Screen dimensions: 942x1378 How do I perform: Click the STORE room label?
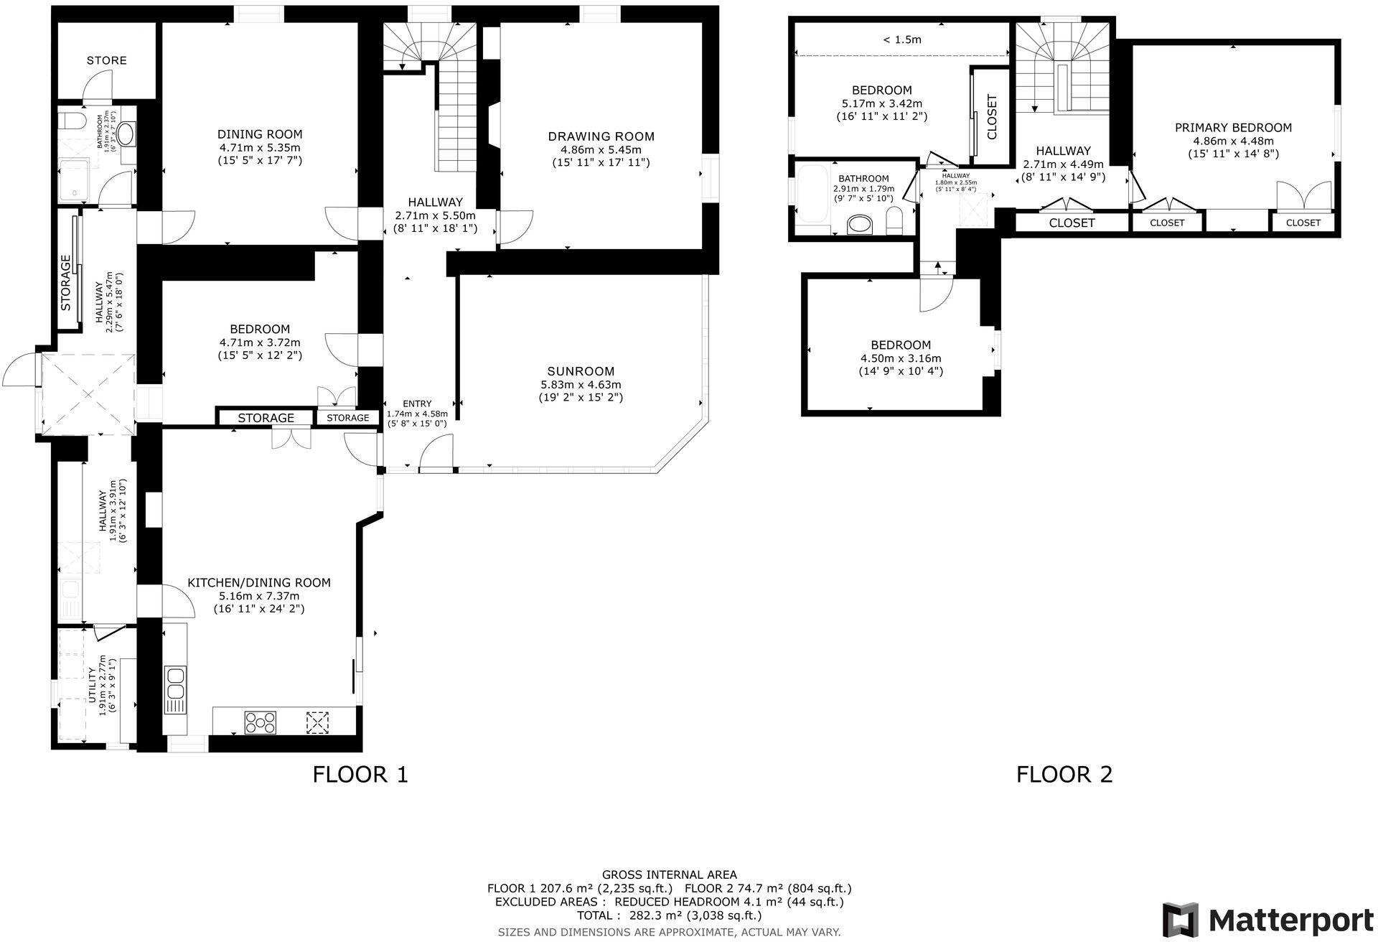point(106,60)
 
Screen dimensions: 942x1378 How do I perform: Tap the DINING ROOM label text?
point(260,134)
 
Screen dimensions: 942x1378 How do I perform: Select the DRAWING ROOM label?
point(601,136)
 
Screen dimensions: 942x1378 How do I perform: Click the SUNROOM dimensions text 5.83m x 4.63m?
point(581,385)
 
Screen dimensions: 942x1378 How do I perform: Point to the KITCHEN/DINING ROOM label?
point(259,582)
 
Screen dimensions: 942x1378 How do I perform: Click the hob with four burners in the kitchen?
point(261,722)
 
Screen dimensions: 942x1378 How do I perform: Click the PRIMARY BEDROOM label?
point(1233,128)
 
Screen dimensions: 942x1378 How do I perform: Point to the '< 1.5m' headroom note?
point(901,40)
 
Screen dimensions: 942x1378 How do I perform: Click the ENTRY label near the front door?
point(417,404)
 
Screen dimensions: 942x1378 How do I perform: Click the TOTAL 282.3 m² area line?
point(669,915)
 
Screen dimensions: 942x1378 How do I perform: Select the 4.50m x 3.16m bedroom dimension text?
point(901,358)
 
